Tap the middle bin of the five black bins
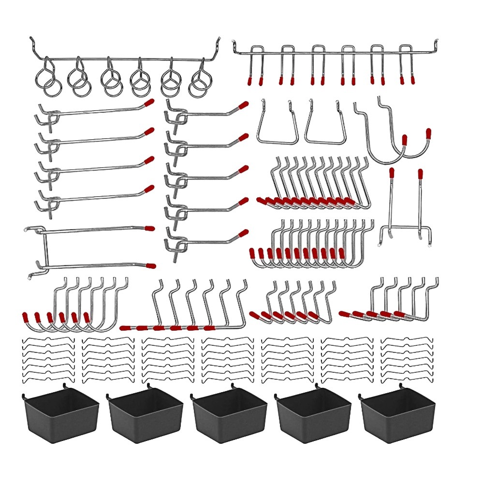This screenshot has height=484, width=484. [229, 416]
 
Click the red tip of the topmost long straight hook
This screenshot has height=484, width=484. [150, 103]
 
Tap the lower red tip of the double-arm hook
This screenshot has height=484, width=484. [151, 265]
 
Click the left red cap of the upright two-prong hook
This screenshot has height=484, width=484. [392, 173]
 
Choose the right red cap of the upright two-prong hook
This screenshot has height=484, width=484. [421, 173]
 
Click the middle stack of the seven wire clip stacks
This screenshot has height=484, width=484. [227, 358]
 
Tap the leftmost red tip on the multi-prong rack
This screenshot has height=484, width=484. [251, 79]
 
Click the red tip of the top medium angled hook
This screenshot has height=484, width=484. [244, 104]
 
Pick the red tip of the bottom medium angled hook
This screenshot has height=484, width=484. [244, 233]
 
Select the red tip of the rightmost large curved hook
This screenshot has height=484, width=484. [428, 133]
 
